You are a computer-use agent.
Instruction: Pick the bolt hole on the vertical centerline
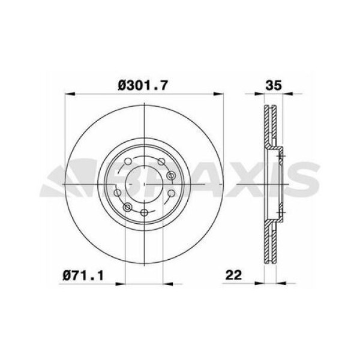click(144, 214)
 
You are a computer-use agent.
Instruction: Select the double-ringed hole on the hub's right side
click(171, 175)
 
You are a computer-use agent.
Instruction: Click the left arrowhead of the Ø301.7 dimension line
click(68, 95)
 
